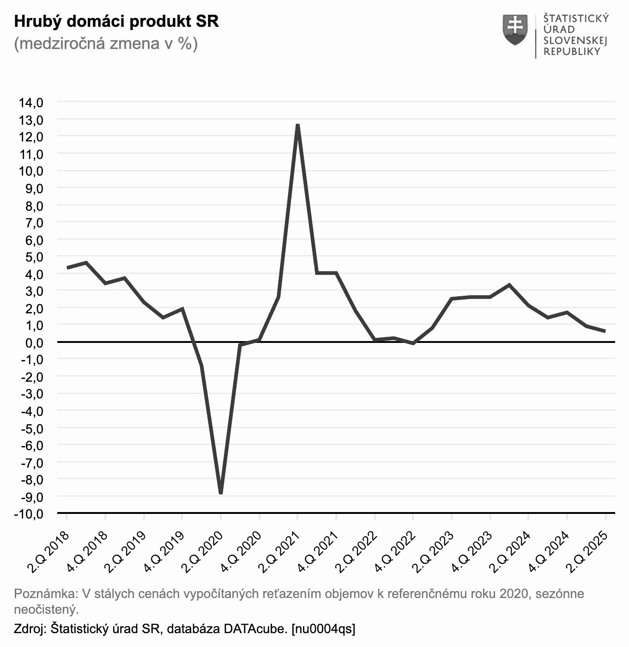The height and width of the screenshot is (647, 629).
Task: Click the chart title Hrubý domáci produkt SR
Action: pyautogui.click(x=116, y=21)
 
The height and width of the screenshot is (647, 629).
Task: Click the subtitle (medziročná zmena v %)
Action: pyautogui.click(x=106, y=43)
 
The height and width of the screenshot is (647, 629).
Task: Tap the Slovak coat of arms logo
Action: pyautogui.click(x=515, y=30)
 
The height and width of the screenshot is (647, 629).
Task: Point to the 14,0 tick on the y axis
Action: pyautogui.click(x=31, y=103)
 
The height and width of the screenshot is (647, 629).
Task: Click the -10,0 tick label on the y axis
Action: pyautogui.click(x=29, y=514)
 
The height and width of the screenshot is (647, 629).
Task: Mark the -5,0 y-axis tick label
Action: pyautogui.click(x=32, y=428)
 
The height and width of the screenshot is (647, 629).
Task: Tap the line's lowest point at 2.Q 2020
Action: pyautogui.click(x=221, y=493)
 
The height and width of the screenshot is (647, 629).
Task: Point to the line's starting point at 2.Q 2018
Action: pyautogui.click(x=67, y=268)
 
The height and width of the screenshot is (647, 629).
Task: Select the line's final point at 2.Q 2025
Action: pyautogui.click(x=605, y=331)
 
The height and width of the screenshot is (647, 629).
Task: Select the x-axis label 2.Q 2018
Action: pyautogui.click(x=49, y=552)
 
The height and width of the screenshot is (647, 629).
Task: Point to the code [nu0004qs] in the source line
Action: pyautogui.click(x=323, y=629)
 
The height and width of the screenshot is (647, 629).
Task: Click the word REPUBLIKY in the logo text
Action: pyautogui.click(x=572, y=52)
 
